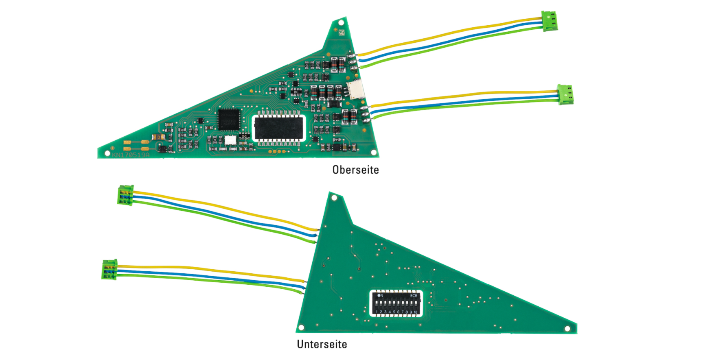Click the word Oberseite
pyautogui.click(x=355, y=170)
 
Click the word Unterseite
pyautogui.click(x=322, y=344)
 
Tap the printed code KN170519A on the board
pyautogui.click(x=131, y=155)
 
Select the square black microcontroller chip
pyautogui.click(x=229, y=119)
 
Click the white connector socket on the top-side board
pyautogui.click(x=355, y=89)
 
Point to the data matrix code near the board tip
pyautogui.click(x=341, y=32)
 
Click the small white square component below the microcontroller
pyautogui.click(x=230, y=140)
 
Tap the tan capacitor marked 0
pyautogui.click(x=158, y=137)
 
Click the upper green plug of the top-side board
pyautogui.click(x=549, y=21)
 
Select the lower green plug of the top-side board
pyautogui.click(x=565, y=94)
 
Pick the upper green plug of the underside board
pyautogui.click(x=125, y=195)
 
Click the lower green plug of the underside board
pyautogui.click(x=110, y=269)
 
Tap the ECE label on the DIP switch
pyautogui.click(x=414, y=296)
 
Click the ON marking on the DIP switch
pyautogui.click(x=380, y=296)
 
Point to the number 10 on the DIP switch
pyautogui.click(x=415, y=312)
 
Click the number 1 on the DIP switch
pyautogui.click(x=377, y=312)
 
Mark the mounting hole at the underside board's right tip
pyautogui.click(x=567, y=329)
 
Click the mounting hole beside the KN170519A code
pyautogui.click(x=107, y=153)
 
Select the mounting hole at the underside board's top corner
pyautogui.click(x=334, y=198)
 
